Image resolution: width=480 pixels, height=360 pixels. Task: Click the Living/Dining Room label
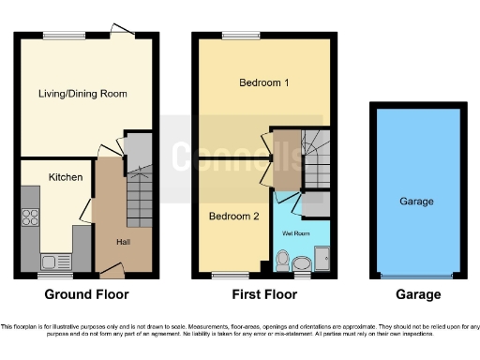[82, 94]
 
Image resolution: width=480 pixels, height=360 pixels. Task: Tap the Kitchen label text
[66, 177]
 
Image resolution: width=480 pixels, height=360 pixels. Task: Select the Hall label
[123, 242]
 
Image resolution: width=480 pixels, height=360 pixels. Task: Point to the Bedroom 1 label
[262, 83]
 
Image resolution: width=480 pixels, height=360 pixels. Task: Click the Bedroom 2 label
[233, 217]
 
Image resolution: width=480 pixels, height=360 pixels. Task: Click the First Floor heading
[262, 294]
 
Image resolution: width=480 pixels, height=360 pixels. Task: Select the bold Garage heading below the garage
[418, 294]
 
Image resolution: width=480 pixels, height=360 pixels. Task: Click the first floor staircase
[313, 150]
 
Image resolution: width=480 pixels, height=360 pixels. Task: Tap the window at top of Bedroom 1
[234, 37]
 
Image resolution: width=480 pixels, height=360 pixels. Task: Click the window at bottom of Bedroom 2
[224, 276]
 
